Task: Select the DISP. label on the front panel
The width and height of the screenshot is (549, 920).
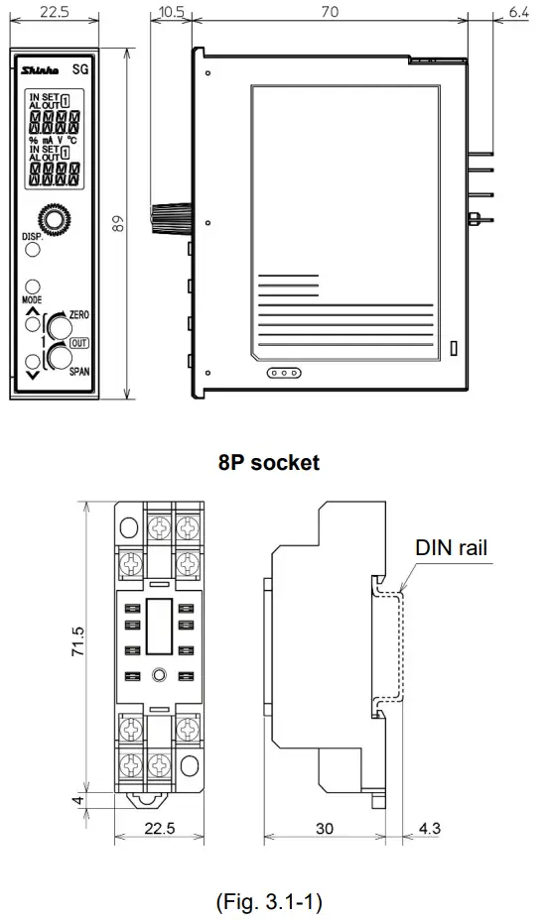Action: point(33,238)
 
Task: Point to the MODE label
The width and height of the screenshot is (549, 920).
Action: point(32,298)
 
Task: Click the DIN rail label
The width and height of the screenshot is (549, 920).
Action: point(452,545)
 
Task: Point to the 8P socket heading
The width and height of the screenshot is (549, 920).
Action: point(269,463)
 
